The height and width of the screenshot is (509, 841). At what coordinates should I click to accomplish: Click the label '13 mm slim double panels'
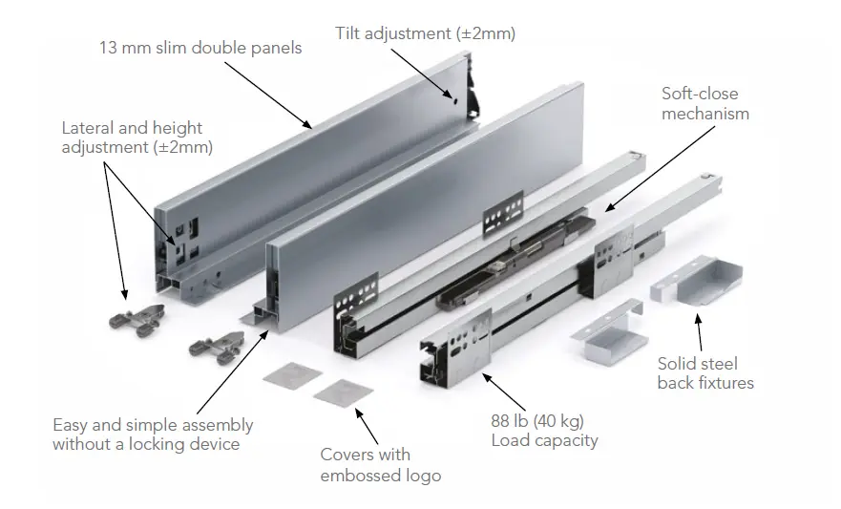click(200, 47)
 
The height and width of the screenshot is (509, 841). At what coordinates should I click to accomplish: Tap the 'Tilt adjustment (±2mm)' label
click(425, 32)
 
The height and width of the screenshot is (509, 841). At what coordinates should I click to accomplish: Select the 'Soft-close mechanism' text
click(705, 103)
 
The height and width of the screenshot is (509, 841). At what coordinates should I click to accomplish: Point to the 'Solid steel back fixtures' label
click(705, 373)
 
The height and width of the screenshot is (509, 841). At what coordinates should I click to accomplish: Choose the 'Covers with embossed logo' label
click(381, 465)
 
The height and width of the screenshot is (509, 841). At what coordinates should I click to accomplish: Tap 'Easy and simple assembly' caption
click(153, 425)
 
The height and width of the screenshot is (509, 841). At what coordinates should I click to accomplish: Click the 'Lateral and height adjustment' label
click(137, 138)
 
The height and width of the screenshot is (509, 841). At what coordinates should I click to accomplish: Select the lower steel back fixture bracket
click(608, 330)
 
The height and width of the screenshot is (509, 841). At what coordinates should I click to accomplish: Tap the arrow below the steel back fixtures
click(700, 334)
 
